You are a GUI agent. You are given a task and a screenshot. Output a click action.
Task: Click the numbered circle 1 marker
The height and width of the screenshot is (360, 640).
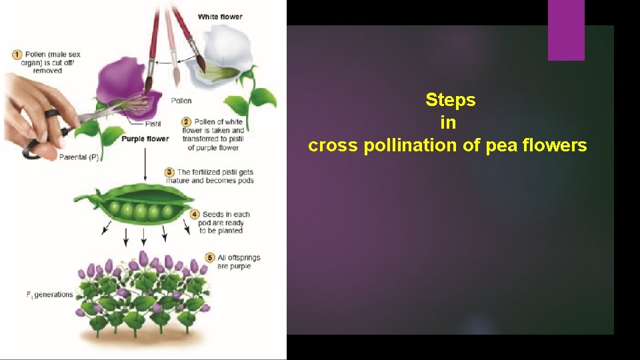coord(17,54)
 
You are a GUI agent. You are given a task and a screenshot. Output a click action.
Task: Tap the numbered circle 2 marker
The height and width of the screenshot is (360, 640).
coord(187,122)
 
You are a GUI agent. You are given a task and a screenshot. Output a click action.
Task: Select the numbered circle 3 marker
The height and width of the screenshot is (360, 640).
coord(171,172)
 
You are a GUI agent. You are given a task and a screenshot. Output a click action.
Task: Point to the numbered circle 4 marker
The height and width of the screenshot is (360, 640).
coord(195,215)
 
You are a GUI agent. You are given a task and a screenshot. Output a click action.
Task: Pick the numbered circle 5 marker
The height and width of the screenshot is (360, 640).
coord(210,257)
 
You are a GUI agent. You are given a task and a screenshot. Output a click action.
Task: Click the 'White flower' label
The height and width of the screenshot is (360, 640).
coord(220,17)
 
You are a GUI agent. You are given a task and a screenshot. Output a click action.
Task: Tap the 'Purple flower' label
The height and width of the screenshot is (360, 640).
coord(145,139)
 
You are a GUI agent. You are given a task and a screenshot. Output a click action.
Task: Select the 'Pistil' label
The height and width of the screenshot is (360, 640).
coord(153,124)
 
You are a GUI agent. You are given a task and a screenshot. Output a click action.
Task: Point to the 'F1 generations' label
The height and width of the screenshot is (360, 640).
coord(50,294)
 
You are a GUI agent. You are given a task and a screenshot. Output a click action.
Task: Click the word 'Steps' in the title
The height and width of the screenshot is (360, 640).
coord(451,101)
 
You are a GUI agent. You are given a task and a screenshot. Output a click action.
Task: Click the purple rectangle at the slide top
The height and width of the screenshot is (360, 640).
coord(566,29)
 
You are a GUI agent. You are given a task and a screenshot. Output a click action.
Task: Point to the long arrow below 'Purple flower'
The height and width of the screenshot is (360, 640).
coord(145,163)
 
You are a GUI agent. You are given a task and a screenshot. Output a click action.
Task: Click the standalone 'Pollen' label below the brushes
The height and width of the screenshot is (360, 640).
coord(181,101)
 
